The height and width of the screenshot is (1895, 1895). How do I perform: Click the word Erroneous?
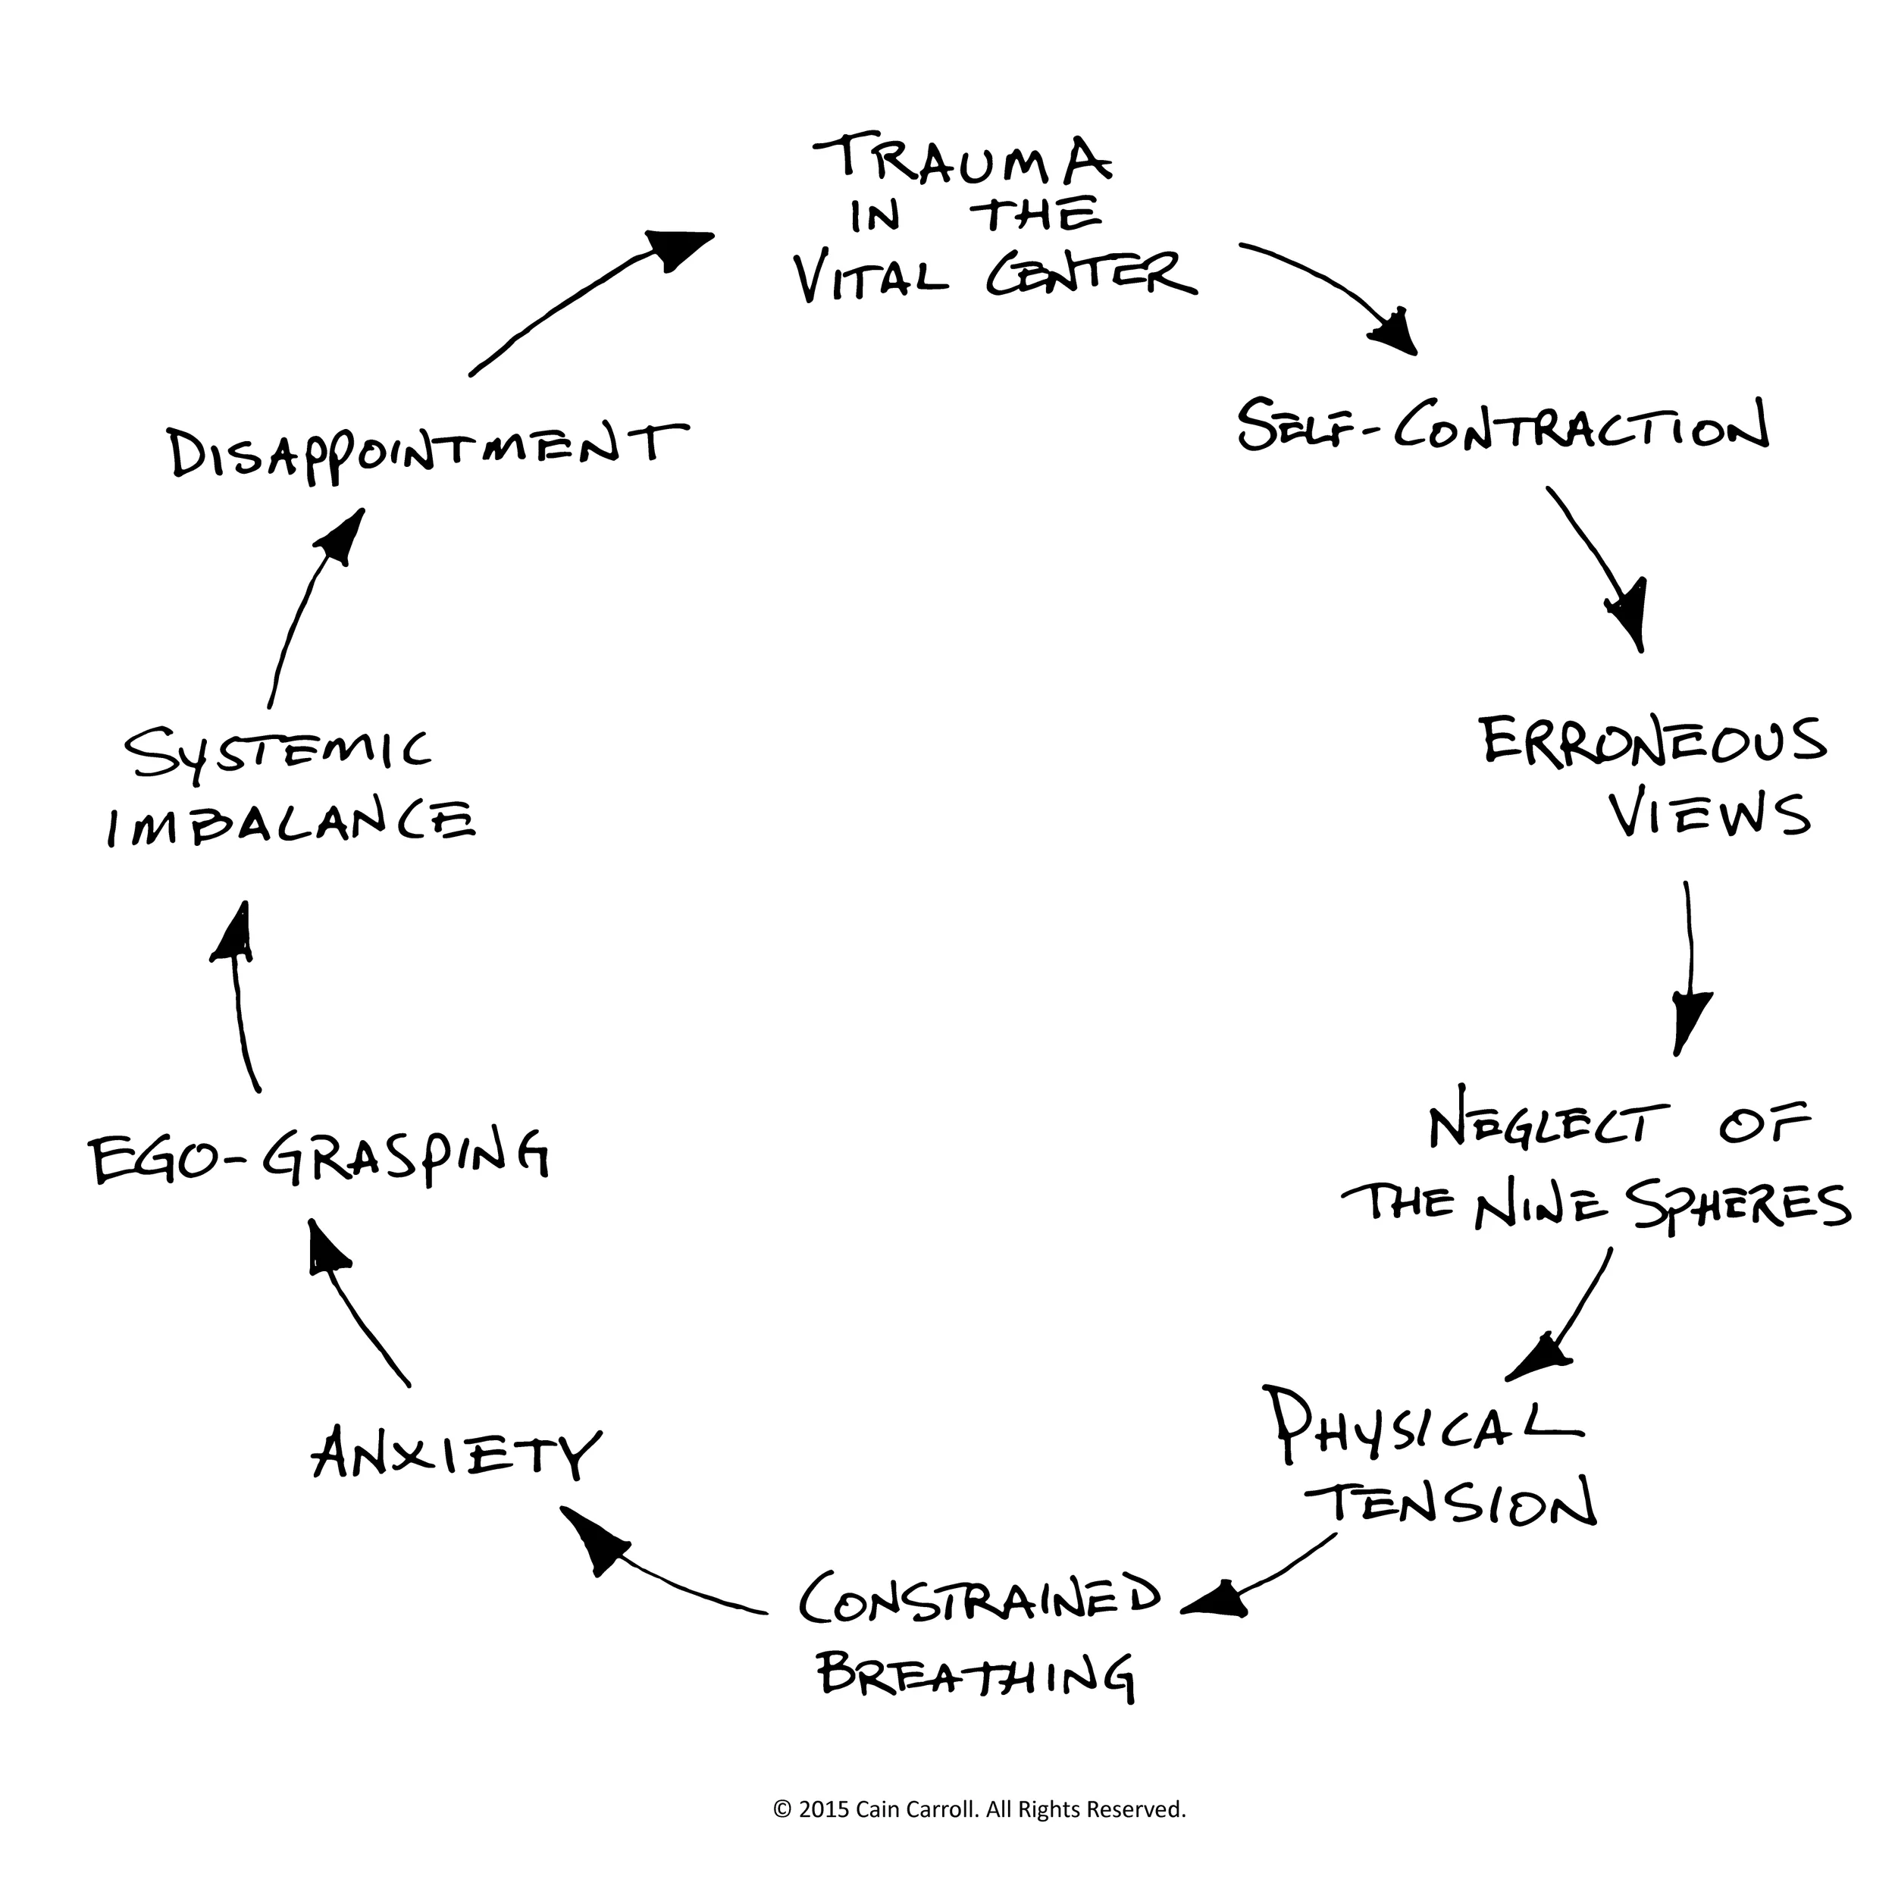pos(1652,743)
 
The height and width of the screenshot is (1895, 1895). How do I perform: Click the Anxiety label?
pos(454,1454)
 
